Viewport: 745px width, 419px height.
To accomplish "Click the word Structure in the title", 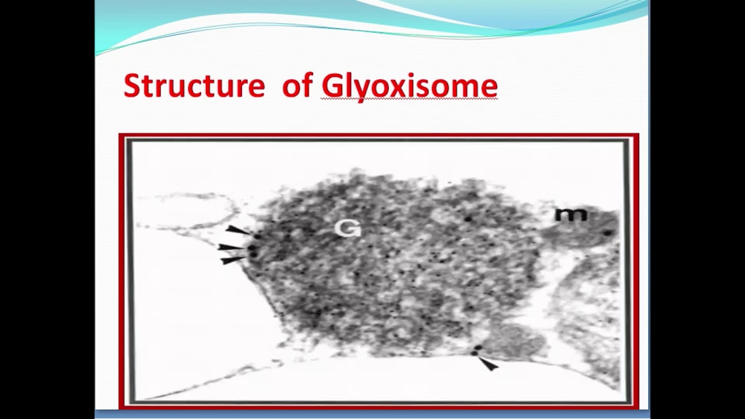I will click(x=194, y=86).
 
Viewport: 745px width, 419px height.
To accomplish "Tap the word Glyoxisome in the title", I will click(x=409, y=87).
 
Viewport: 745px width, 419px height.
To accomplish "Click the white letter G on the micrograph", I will click(x=347, y=229).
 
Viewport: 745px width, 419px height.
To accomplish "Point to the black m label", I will click(x=570, y=215).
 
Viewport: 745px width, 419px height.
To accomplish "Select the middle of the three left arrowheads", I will click(x=230, y=247).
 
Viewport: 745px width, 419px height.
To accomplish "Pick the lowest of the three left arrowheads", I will click(x=233, y=260).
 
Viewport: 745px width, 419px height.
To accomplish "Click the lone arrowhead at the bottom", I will click(x=489, y=364).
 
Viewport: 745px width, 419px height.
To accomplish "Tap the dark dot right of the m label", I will click(x=608, y=233).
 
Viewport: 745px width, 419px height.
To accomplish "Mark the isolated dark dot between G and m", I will click(x=468, y=219).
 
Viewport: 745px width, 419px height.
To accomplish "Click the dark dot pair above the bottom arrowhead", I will click(x=476, y=350).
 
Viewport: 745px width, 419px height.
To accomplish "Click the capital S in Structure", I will click(x=133, y=86).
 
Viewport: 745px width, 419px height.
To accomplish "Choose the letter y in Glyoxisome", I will click(x=361, y=90).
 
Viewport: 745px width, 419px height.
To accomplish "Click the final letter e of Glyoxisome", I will click(x=489, y=88).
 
